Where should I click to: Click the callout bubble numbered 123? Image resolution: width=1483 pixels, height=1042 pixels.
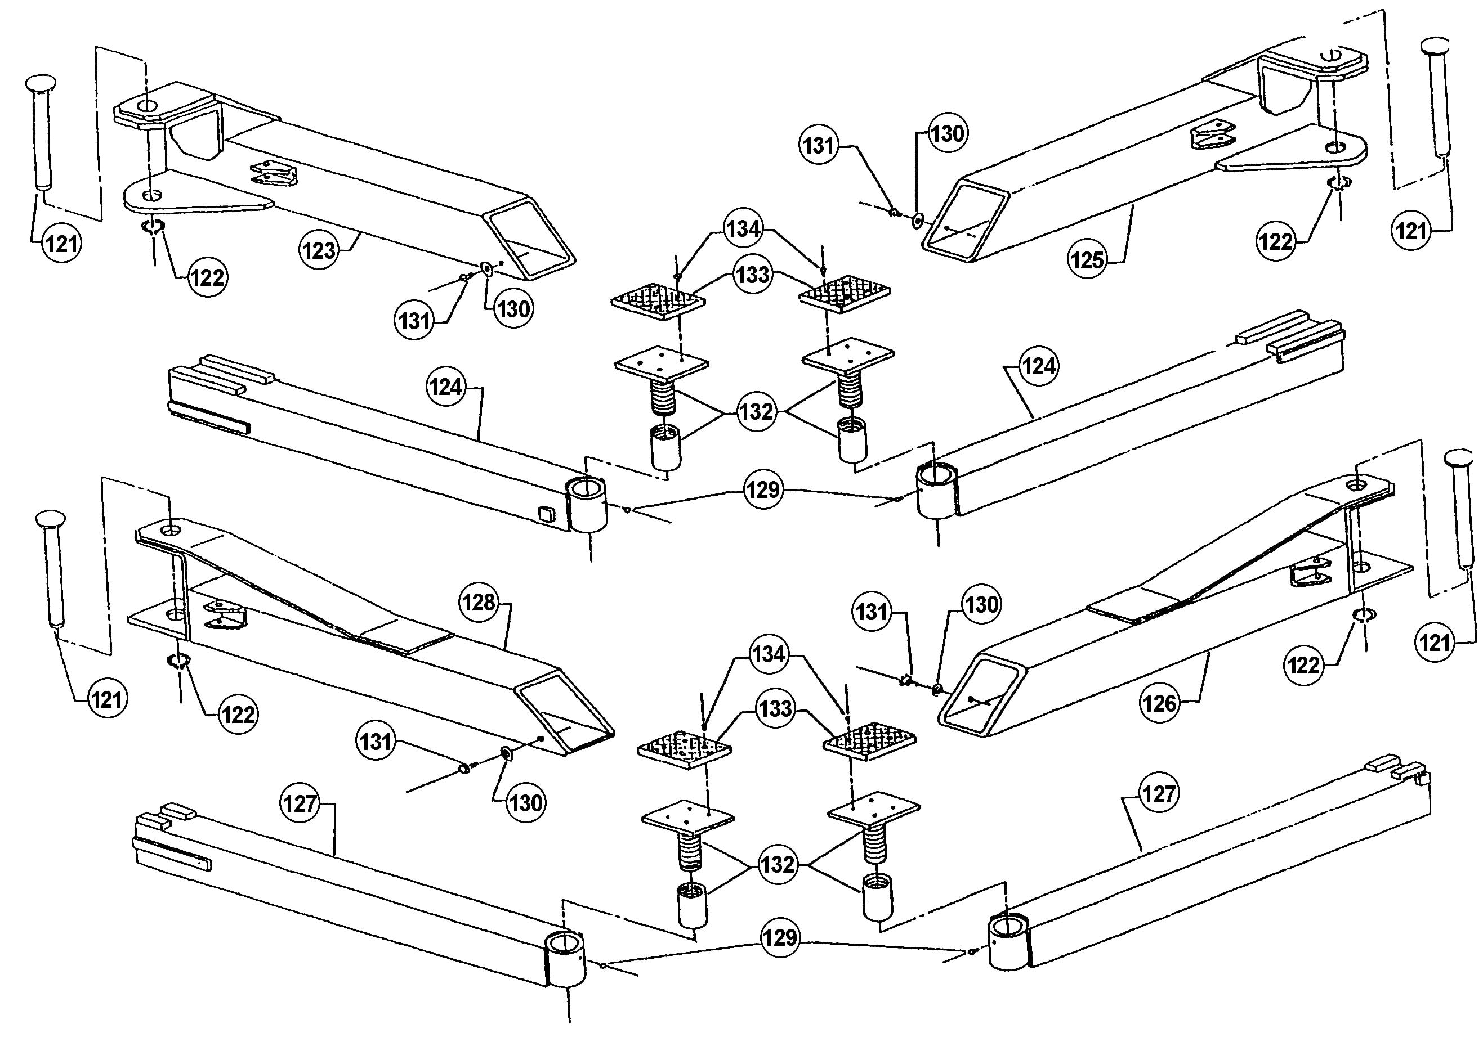319,250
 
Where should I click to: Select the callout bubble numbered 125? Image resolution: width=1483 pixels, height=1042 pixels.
1088,259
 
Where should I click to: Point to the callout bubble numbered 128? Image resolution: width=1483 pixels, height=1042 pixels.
479,603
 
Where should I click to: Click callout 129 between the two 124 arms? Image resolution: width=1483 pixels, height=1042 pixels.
763,489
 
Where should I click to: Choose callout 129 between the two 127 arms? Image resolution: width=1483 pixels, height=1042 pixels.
780,937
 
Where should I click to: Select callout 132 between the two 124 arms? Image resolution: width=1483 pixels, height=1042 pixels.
756,411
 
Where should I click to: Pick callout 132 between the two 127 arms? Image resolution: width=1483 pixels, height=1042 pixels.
776,864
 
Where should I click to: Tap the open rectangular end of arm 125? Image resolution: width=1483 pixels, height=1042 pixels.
965,219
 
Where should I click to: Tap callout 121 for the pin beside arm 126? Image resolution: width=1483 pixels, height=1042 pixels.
1435,643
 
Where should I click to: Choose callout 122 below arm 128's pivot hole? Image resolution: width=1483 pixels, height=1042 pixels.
238,714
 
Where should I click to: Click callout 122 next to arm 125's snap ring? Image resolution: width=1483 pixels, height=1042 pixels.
1276,241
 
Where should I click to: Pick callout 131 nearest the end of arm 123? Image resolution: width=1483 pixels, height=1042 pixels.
414,320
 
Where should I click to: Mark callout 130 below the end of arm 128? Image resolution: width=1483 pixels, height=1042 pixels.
525,802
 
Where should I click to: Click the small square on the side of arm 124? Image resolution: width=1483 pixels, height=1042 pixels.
546,513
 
